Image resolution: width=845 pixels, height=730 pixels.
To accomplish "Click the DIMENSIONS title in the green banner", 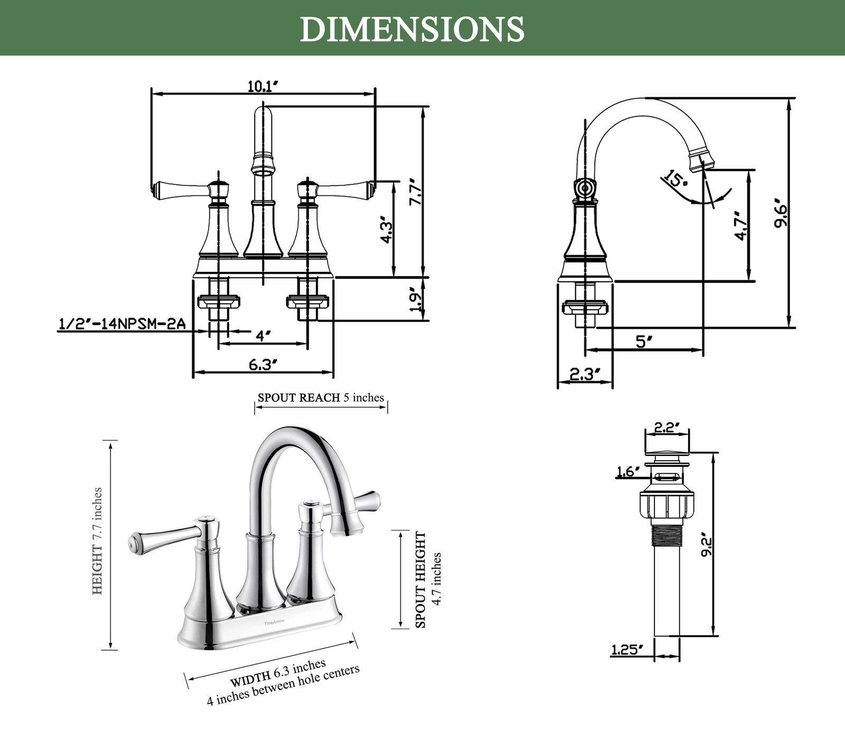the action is click(x=412, y=29).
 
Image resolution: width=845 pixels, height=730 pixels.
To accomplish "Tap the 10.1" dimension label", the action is click(x=263, y=86).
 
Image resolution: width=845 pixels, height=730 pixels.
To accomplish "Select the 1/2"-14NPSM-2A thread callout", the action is click(x=121, y=324).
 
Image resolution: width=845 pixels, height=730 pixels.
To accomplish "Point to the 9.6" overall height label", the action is click(x=780, y=213).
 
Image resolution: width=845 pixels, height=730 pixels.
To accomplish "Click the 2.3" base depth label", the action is click(x=585, y=375).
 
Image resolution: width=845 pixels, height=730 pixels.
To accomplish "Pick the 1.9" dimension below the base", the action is click(x=416, y=300).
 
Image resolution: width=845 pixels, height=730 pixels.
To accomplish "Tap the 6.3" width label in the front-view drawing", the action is click(x=263, y=364).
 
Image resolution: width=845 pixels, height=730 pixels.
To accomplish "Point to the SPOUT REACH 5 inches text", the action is click(x=321, y=398).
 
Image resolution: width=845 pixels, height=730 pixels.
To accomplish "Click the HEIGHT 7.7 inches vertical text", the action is click(x=97, y=541).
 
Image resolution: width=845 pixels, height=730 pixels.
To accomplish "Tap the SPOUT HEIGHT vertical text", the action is click(x=420, y=579).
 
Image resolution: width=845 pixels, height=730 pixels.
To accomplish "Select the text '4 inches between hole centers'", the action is click(x=283, y=685).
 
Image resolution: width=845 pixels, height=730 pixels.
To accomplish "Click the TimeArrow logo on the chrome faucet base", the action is click(x=274, y=622).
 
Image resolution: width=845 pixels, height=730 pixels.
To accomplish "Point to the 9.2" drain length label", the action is click(x=707, y=547).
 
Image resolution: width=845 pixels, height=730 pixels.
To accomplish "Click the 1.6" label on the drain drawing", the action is click(x=628, y=471).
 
